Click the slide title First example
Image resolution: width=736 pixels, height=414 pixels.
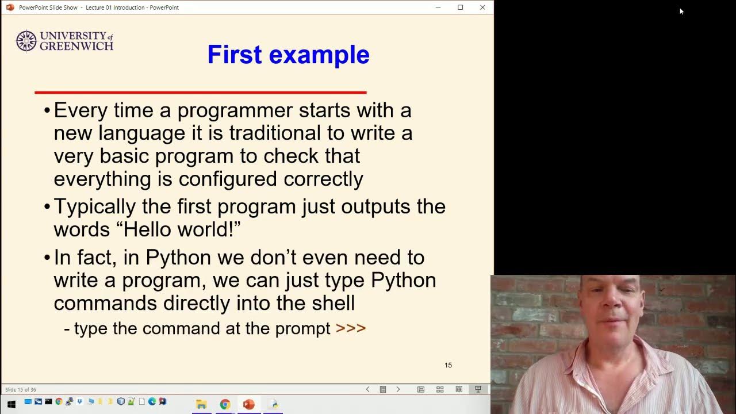288,55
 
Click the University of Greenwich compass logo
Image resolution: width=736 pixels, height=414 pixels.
26,41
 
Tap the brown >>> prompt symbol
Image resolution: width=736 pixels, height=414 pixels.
351,328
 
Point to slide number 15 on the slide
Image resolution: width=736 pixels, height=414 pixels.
448,365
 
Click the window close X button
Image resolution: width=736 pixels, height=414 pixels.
482,7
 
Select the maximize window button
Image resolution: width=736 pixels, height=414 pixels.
460,7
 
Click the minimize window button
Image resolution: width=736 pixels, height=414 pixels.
438,7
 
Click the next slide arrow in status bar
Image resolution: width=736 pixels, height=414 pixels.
398,389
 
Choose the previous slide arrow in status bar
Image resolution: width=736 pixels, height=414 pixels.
368,389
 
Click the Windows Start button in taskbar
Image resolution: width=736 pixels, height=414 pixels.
11,404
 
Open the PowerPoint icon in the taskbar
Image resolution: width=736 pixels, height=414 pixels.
248,404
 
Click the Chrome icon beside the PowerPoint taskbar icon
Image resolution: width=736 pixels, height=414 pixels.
225,404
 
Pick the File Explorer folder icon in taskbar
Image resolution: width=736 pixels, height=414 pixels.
201,404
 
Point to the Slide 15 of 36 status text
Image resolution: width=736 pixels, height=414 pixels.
21,390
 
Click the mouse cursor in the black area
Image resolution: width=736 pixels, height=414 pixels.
681,11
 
